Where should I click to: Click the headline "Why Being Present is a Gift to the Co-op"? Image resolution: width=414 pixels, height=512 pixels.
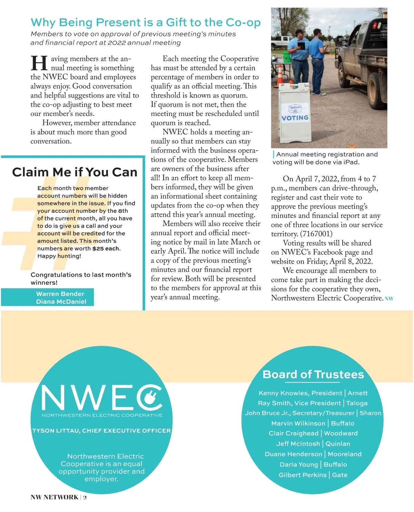coord(145,22)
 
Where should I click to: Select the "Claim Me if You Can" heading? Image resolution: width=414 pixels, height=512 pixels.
coord(75,172)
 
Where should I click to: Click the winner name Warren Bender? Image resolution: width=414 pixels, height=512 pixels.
coord(60,294)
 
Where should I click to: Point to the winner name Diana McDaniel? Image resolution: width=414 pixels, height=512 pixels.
coord(61,302)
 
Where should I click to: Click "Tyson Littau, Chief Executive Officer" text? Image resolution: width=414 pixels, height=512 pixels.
coord(101,431)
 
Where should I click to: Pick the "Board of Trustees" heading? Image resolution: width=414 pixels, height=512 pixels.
coord(313,374)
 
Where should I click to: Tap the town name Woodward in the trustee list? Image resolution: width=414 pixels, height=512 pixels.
coord(341,433)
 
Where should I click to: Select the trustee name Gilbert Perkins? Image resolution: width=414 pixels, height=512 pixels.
coord(303,475)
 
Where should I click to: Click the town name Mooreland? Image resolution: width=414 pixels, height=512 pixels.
coord(345,454)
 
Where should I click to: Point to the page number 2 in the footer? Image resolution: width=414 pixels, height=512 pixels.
coord(85,497)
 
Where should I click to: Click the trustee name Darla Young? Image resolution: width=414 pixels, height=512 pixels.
coord(299,465)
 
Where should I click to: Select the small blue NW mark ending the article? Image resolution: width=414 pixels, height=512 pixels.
coord(389,299)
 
